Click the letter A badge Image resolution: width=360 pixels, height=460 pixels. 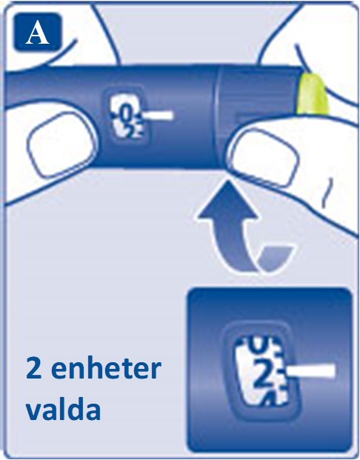tap(38, 33)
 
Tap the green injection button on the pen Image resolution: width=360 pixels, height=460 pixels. tap(312, 93)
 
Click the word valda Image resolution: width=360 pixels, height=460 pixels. tap(64, 408)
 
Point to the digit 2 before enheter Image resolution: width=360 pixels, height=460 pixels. tap(34, 368)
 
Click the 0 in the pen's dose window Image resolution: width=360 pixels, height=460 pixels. tap(126, 114)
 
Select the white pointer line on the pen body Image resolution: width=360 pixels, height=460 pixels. tap(157, 116)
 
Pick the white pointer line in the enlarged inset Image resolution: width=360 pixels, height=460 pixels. tap(310, 371)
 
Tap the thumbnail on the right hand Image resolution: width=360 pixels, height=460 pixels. tap(264, 158)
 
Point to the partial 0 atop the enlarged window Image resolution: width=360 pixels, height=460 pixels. tap(258, 345)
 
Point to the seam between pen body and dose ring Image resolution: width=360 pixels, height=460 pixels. tap(216, 117)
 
